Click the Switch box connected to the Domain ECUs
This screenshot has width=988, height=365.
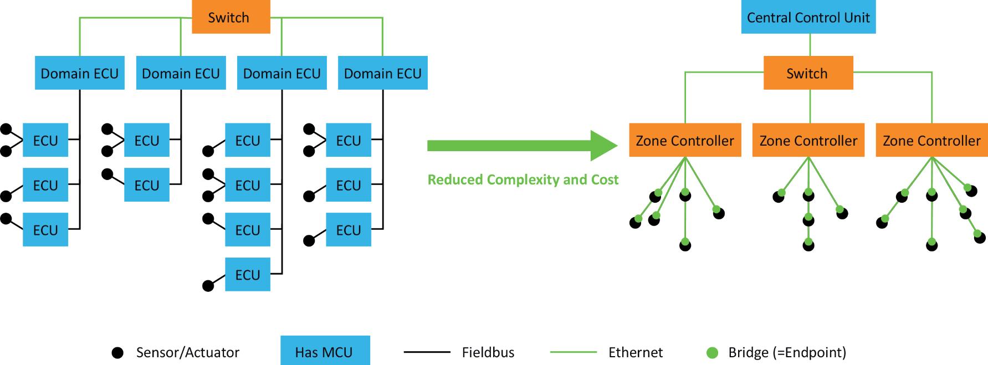231,17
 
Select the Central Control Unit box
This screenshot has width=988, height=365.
808,17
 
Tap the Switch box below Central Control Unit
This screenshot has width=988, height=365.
808,73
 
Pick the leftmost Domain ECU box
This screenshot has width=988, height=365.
79,73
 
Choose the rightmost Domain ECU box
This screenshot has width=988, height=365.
382,73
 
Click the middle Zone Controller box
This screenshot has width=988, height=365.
808,141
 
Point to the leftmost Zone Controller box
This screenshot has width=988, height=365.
685,141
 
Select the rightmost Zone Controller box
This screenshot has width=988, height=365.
931,141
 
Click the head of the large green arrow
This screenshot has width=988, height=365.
604,146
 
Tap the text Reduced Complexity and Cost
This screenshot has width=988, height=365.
523,179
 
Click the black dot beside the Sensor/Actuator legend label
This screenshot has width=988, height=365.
117,352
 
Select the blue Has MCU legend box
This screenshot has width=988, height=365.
325,351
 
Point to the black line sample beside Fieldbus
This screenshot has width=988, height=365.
427,352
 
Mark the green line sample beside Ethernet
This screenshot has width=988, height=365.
573,352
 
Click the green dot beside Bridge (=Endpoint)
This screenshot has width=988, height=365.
712,352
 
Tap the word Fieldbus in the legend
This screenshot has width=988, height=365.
488,352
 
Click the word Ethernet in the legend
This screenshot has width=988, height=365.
635,352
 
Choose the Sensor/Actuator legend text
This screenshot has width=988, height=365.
187,352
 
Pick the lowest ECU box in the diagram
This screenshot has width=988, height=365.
247,275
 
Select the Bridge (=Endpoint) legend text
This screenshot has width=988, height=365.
787,352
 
